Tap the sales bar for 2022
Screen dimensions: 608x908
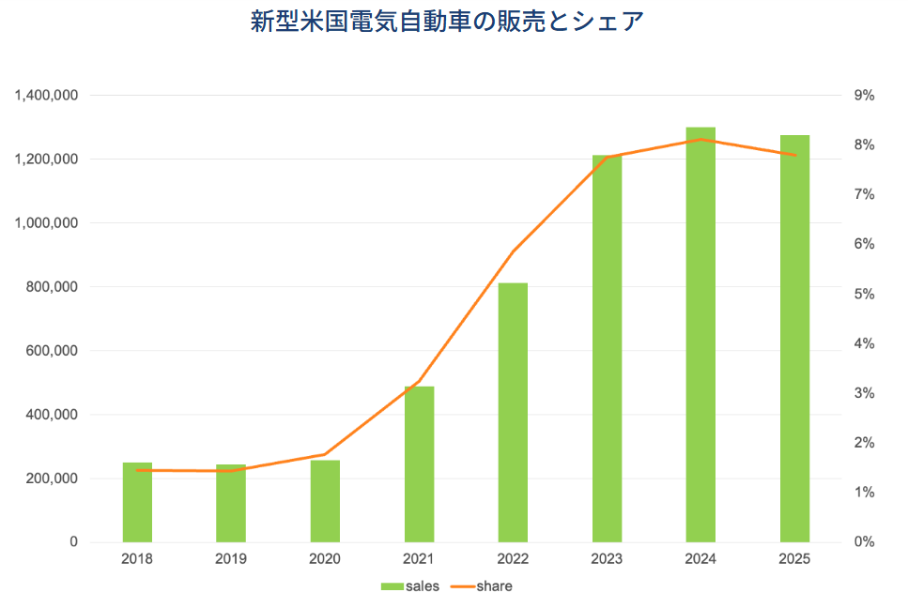pyautogui.click(x=513, y=413)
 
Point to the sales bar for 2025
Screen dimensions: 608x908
pyautogui.click(x=794, y=339)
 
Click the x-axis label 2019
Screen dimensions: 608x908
pyautogui.click(x=231, y=558)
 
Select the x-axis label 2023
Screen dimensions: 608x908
pyautogui.click(x=607, y=558)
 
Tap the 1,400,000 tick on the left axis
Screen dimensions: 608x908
pyautogui.click(x=46, y=96)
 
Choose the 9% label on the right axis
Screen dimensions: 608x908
pyautogui.click(x=864, y=96)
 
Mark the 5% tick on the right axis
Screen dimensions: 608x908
pyautogui.click(x=864, y=295)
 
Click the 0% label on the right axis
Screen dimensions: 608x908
pyautogui.click(x=864, y=542)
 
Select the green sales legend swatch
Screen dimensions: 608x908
pyautogui.click(x=392, y=586)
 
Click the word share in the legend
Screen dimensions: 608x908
pyautogui.click(x=494, y=586)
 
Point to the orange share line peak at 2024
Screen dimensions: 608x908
pyautogui.click(x=700, y=140)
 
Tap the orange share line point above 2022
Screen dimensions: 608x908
pyautogui.click(x=513, y=252)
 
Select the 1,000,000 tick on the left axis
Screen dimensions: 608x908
pyautogui.click(x=46, y=223)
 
